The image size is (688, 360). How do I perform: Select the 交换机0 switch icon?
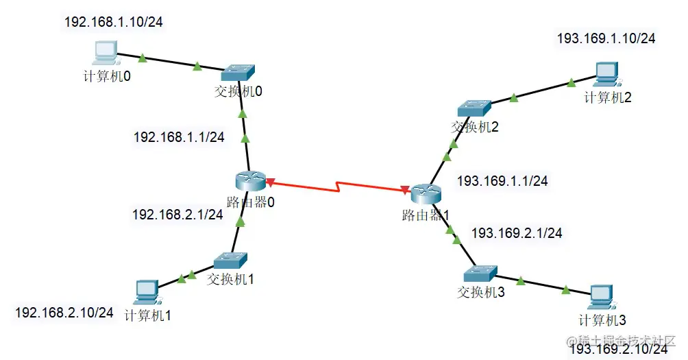click(x=238, y=72)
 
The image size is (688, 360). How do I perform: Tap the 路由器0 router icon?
click(x=248, y=180)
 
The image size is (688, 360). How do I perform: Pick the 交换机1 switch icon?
click(x=230, y=261)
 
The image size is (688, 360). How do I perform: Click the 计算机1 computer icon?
click(x=147, y=292)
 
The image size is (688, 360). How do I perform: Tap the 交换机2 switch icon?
click(x=474, y=107)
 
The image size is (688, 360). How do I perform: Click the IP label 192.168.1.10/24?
click(x=114, y=22)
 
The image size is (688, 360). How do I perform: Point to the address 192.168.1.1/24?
click(x=179, y=137)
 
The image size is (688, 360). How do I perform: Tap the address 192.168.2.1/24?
click(x=177, y=215)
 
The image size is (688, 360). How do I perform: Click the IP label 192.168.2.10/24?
click(x=64, y=313)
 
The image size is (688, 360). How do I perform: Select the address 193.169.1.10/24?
click(x=606, y=38)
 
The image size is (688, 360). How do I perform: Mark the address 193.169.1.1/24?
click(x=502, y=181)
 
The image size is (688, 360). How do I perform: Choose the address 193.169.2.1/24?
click(x=517, y=233)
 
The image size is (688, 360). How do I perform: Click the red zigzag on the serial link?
click(x=339, y=187)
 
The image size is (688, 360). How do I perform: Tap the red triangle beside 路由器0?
click(x=270, y=182)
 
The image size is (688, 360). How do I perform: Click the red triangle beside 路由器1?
click(x=406, y=189)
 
